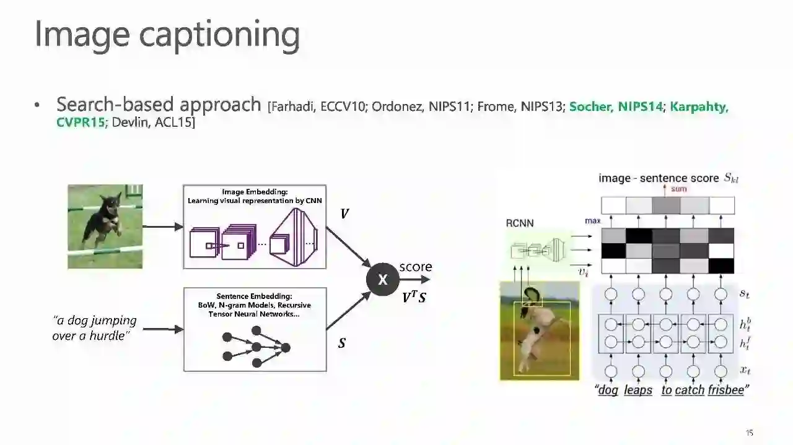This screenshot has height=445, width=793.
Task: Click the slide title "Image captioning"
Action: coord(167,34)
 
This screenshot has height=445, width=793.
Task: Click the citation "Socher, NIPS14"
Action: coord(616,106)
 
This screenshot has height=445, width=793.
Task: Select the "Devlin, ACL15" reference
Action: coord(153,123)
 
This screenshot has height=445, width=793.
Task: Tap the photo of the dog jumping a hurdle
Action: coord(105,227)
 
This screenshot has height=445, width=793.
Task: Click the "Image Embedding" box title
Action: coord(255,192)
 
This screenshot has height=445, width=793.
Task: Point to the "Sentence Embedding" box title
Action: coord(255,296)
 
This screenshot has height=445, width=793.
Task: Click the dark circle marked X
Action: coord(382,280)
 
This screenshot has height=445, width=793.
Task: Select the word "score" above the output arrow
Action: coord(416,267)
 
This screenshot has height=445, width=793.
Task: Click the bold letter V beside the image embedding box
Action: coord(344,214)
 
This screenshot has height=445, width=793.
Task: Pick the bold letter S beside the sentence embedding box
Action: coord(342,342)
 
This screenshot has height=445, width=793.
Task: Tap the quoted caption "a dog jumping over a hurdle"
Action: coord(94,328)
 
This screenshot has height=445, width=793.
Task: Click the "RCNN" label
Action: coord(519,223)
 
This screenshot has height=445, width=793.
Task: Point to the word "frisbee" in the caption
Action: coord(725,390)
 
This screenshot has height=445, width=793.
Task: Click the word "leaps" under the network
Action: coord(637,390)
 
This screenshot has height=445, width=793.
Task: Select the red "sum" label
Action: coord(679,189)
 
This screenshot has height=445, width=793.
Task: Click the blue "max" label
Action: coord(592,221)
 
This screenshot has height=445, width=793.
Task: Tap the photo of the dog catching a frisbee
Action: coord(540,331)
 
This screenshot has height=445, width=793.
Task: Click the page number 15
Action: coord(749,433)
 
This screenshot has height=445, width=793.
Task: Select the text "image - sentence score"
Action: coord(659,178)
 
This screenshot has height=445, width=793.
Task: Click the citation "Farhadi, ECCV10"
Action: coord(315,106)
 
